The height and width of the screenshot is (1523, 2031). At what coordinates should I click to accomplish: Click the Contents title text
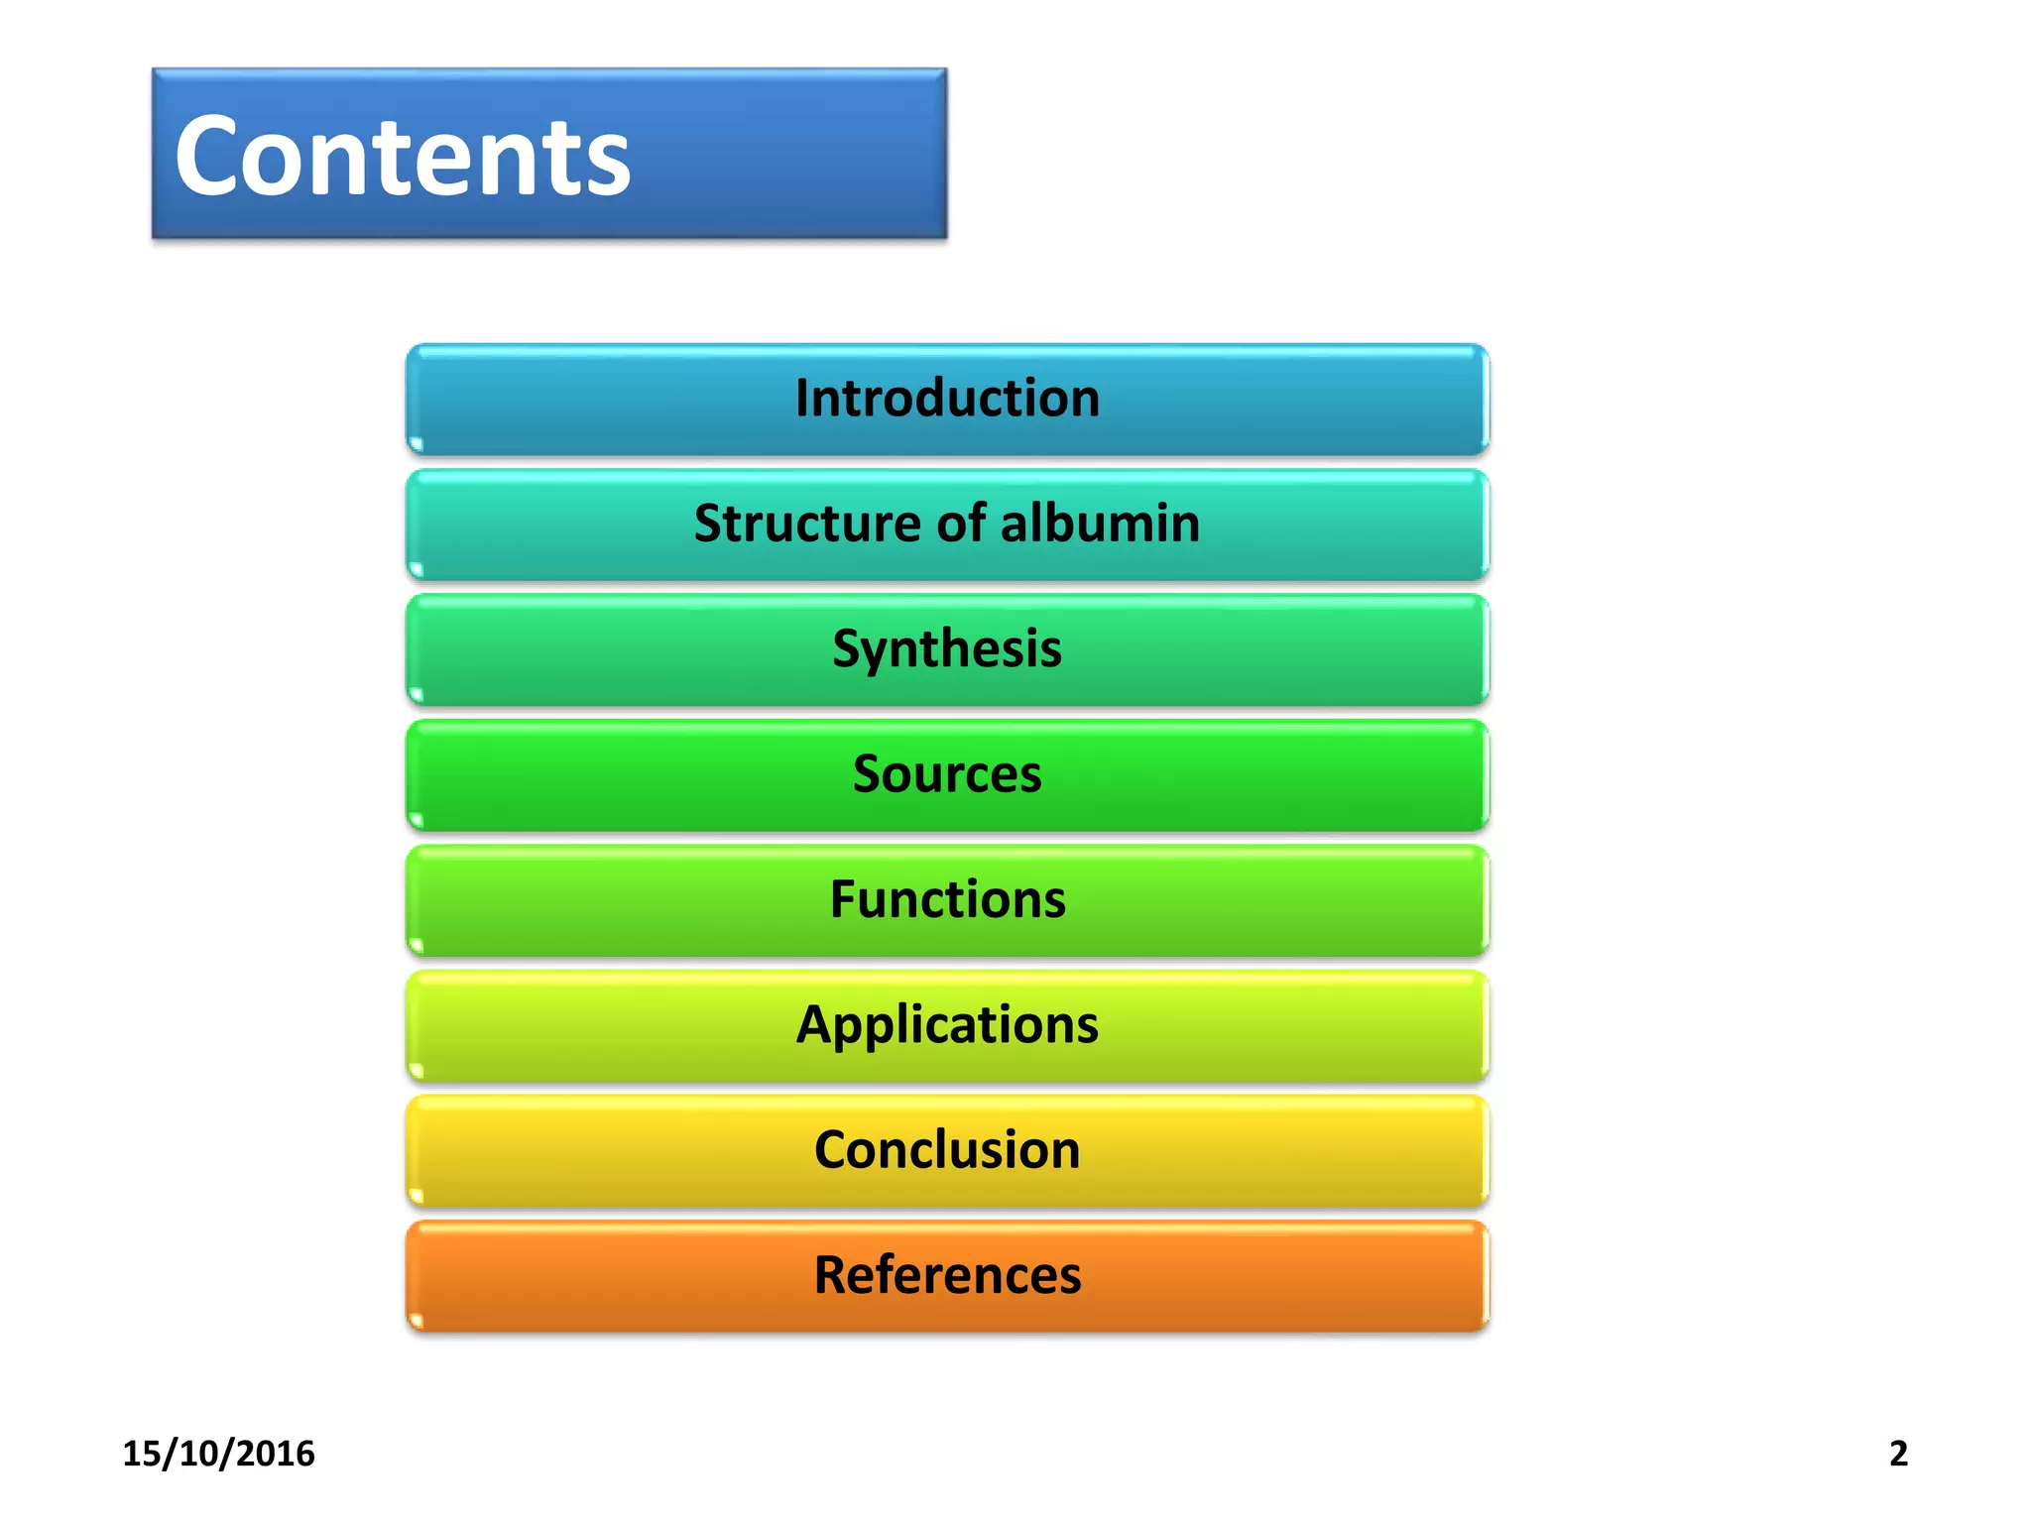[x=402, y=157]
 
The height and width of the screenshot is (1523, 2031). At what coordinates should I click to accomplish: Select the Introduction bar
[x=947, y=399]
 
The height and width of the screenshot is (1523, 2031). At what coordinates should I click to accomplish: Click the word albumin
[x=1100, y=524]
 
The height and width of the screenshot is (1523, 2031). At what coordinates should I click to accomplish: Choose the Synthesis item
[x=947, y=649]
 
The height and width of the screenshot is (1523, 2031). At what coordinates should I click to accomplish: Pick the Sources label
[x=947, y=774]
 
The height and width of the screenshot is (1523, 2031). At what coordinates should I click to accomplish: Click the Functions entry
[x=947, y=899]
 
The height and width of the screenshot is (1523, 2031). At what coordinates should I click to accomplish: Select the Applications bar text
[x=947, y=1025]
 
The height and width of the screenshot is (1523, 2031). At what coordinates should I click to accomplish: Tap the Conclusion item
[x=947, y=1150]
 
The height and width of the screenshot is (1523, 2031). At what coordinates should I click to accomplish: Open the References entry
[x=947, y=1275]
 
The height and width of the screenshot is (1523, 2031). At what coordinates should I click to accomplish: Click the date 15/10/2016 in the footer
[x=218, y=1454]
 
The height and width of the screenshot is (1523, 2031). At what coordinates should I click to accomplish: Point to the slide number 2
[x=1898, y=1454]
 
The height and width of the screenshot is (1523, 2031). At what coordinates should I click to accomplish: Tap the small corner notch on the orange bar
[x=417, y=1320]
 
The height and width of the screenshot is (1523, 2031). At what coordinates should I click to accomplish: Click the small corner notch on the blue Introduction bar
[x=417, y=443]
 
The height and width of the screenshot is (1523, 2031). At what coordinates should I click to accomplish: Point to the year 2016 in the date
[x=276, y=1454]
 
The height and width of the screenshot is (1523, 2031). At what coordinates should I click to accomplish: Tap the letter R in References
[x=831, y=1275]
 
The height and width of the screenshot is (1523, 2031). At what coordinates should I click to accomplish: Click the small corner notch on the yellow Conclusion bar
[x=417, y=1195]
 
